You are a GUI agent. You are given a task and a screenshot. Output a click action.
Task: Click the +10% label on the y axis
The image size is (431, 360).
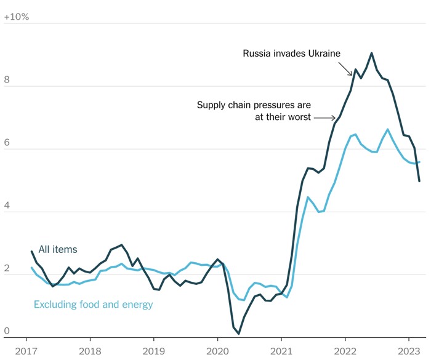(x=17, y=17)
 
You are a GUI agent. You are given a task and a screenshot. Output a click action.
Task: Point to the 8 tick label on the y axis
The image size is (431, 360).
(x=7, y=79)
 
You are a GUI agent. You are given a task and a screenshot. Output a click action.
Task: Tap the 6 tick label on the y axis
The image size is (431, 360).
(x=7, y=142)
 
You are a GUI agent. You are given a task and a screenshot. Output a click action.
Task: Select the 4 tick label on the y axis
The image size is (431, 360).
(x=7, y=205)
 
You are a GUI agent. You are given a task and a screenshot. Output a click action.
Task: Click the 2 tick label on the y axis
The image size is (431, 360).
(x=7, y=268)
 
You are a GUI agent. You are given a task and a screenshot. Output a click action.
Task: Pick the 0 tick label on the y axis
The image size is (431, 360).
(x=7, y=331)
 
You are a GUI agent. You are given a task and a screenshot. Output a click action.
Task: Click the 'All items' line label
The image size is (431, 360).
(x=58, y=249)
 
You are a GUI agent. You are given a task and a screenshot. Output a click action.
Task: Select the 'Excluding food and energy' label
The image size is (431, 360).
(x=93, y=304)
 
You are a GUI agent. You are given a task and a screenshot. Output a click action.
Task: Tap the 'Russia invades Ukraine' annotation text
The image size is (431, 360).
(x=291, y=54)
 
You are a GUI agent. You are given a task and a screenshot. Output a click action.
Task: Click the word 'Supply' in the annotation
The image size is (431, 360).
(x=211, y=105)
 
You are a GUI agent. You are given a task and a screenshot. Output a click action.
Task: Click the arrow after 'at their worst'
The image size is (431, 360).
(x=324, y=117)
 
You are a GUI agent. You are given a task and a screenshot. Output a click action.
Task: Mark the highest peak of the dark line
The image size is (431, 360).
(x=372, y=53)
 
